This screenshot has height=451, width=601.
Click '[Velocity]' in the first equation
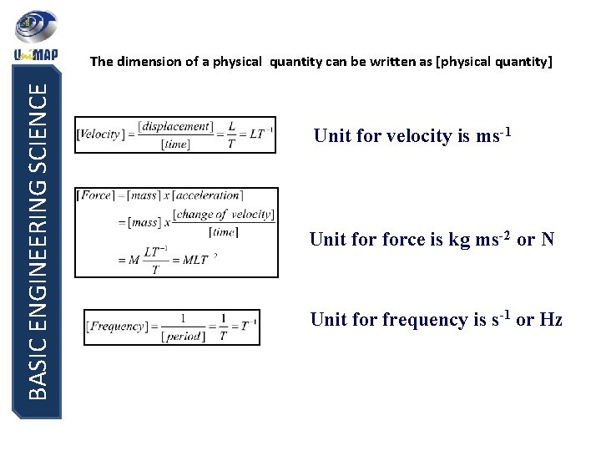click(x=98, y=134)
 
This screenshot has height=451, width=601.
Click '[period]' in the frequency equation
click(x=183, y=336)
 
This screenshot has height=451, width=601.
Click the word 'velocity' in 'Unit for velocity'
click(x=420, y=136)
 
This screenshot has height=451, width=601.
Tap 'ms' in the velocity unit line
click(x=486, y=136)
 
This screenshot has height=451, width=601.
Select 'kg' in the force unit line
click(x=458, y=241)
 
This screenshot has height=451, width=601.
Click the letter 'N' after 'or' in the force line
click(x=547, y=241)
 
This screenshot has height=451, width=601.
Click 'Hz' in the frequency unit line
click(x=550, y=320)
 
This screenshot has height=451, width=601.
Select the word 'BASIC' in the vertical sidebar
click(x=37, y=367)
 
